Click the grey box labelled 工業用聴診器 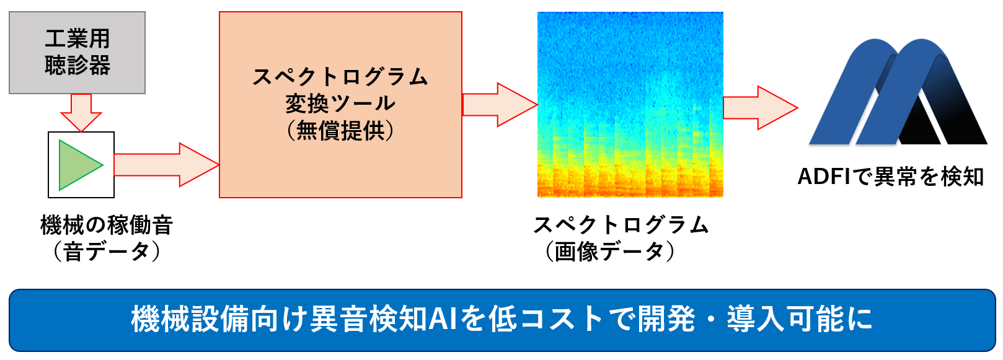(77, 53)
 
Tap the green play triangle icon (78, 165)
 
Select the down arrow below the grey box (81, 113)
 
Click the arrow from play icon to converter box (167, 165)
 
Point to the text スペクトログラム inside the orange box (340, 77)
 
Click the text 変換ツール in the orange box (340, 103)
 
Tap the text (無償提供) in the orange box (340, 131)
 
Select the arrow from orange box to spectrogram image (500, 105)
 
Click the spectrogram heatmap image (630, 104)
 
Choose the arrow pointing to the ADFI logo (761, 108)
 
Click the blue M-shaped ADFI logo (898, 92)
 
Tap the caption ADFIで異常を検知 (891, 177)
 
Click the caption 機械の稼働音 (107, 225)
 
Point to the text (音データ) (107, 251)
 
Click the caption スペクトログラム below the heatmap (621, 225)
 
